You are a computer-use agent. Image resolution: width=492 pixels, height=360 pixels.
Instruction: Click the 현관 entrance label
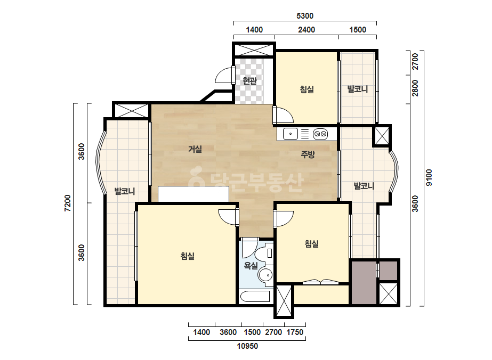(250, 81)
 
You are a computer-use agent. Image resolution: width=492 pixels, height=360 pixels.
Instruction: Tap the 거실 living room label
(195, 149)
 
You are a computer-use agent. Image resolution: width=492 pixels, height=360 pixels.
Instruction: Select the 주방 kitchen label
(308, 154)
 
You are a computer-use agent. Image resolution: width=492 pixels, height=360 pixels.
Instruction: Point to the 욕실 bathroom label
(251, 266)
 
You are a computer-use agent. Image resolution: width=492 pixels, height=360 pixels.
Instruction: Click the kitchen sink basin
(291, 134)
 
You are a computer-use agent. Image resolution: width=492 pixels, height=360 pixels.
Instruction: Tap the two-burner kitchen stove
(320, 134)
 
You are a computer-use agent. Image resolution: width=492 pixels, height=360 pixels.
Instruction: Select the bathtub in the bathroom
(254, 296)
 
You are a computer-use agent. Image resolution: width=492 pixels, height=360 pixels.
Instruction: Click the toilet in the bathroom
(264, 253)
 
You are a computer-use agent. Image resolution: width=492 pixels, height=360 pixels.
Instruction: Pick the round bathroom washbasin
(265, 276)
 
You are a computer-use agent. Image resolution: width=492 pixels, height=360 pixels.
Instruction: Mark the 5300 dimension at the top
(305, 15)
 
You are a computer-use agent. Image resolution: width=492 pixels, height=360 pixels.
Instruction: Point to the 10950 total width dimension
(247, 346)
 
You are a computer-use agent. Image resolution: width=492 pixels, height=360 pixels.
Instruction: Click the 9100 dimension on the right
(429, 177)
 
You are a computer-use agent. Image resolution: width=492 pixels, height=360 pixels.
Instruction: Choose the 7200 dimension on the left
(68, 203)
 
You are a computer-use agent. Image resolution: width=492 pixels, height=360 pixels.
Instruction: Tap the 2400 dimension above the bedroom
(307, 30)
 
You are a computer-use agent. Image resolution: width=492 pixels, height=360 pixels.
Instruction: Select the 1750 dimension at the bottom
(295, 332)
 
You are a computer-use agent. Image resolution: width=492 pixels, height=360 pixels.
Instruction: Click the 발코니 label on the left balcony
(125, 191)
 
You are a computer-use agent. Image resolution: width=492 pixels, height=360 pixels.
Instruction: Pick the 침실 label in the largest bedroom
(188, 256)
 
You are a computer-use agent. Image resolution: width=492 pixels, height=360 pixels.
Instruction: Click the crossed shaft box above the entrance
(254, 50)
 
